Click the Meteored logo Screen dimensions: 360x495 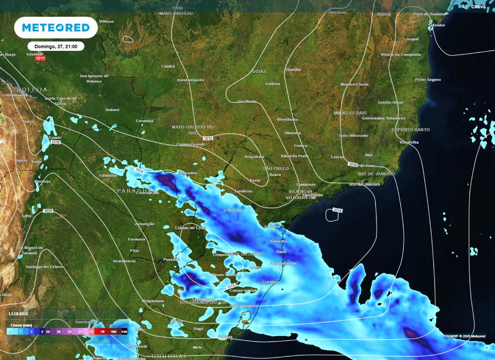pyautogui.click(x=56, y=28)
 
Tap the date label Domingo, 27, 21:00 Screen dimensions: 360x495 pyautogui.click(x=56, y=46)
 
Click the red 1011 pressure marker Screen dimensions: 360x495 pyautogui.click(x=40, y=58)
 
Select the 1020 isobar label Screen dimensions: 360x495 pyautogui.click(x=48, y=211)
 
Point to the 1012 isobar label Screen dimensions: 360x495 pyautogui.click(x=208, y=138)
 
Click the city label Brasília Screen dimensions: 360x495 pyautogui.click(x=293, y=70)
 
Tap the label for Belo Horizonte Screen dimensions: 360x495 pyautogui.click(x=354, y=136)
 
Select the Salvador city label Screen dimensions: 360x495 pyautogui.click(x=437, y=25)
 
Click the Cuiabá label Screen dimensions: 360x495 pyautogui.click(x=168, y=66)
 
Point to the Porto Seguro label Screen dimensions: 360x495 pyautogui.click(x=428, y=79)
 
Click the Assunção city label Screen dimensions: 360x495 pyautogui.click(x=145, y=224)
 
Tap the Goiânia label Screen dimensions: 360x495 pyautogui.click(x=272, y=84)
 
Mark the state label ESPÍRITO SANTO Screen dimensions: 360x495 pyautogui.click(x=410, y=130)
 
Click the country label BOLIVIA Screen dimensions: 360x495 pyautogui.click(x=32, y=89)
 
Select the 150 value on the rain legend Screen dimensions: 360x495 pyautogui.click(x=124, y=332)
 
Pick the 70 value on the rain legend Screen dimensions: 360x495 pyautogui.click(x=102, y=332)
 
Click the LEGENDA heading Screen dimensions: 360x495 pyautogui.click(x=18, y=314)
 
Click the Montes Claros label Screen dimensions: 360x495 pyautogui.click(x=354, y=84)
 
